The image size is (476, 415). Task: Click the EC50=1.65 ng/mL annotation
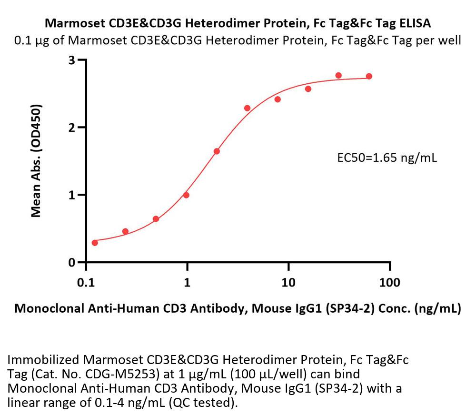(x=387, y=158)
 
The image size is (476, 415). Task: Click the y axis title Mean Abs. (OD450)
(x=36, y=161)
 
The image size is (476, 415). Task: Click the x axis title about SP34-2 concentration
(x=238, y=309)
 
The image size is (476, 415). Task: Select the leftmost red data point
(x=95, y=243)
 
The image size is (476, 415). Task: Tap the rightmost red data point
(x=369, y=77)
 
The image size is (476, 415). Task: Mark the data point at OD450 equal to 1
(x=186, y=195)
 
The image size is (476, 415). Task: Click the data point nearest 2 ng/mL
(x=217, y=151)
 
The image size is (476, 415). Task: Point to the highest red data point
(x=338, y=75)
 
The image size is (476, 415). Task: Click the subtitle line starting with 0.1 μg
(x=238, y=40)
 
